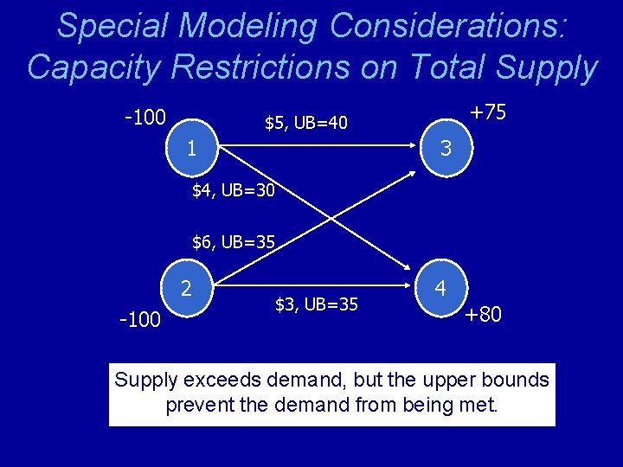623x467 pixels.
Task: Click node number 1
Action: pyautogui.click(x=191, y=148)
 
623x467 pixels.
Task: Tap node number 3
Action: pyautogui.click(x=446, y=148)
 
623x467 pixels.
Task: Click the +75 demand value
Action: pyautogui.click(x=487, y=113)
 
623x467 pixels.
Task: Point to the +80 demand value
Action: pyautogui.click(x=483, y=314)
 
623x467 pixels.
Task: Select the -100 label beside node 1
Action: pyautogui.click(x=145, y=117)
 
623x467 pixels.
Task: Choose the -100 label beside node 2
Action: pyautogui.click(x=140, y=320)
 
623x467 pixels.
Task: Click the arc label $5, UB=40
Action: pyautogui.click(x=306, y=124)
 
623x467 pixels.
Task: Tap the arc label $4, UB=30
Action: pyautogui.click(x=234, y=189)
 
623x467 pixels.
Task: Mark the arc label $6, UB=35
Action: pyautogui.click(x=234, y=242)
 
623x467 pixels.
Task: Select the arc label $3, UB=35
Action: pyautogui.click(x=316, y=304)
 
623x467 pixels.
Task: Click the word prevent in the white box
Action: pyautogui.click(x=198, y=405)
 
